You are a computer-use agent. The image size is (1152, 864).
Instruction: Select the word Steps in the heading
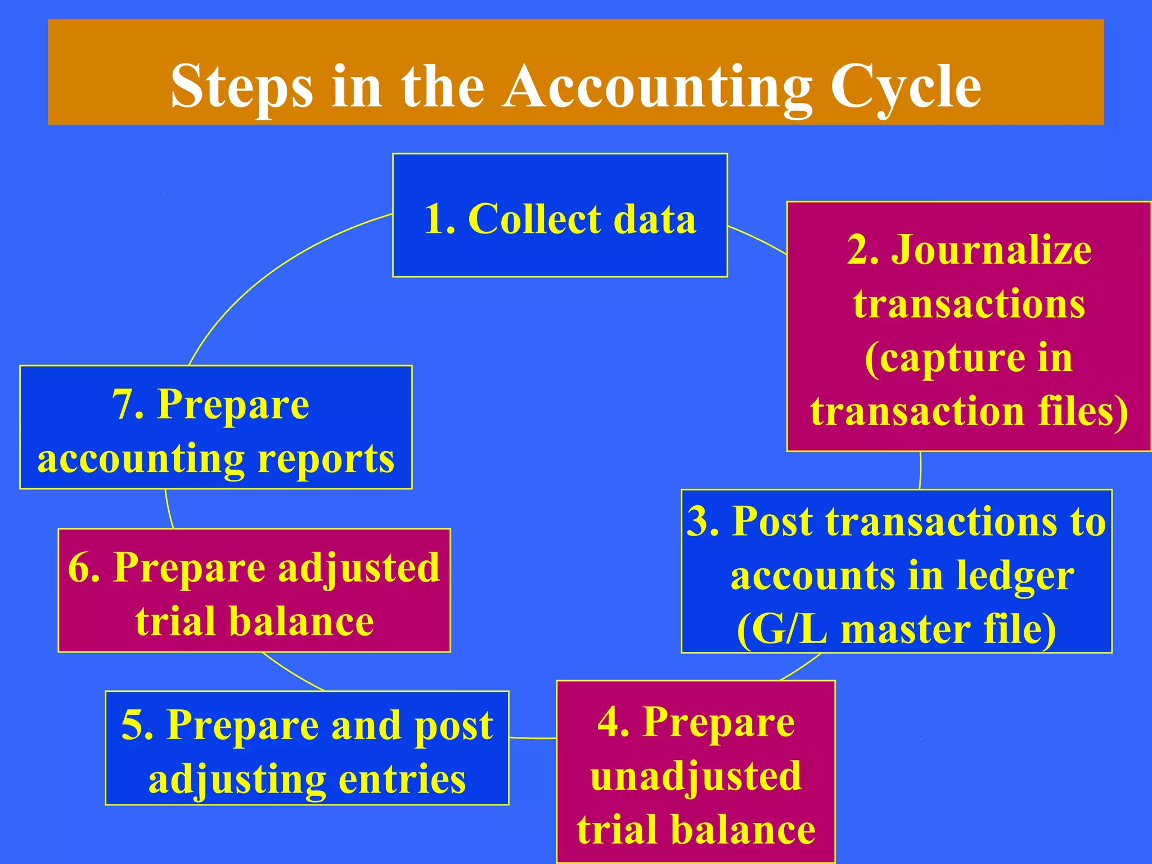pyautogui.click(x=242, y=87)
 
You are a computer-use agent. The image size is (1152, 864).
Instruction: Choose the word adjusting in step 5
pyautogui.click(x=237, y=780)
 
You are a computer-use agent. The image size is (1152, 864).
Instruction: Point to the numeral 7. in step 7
pyautogui.click(x=128, y=405)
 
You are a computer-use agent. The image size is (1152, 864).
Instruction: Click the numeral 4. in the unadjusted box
pyautogui.click(x=613, y=722)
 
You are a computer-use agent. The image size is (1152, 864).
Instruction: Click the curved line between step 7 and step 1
pyautogui.click(x=270, y=270)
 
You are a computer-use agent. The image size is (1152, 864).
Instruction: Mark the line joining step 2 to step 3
pyautogui.click(x=920, y=470)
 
